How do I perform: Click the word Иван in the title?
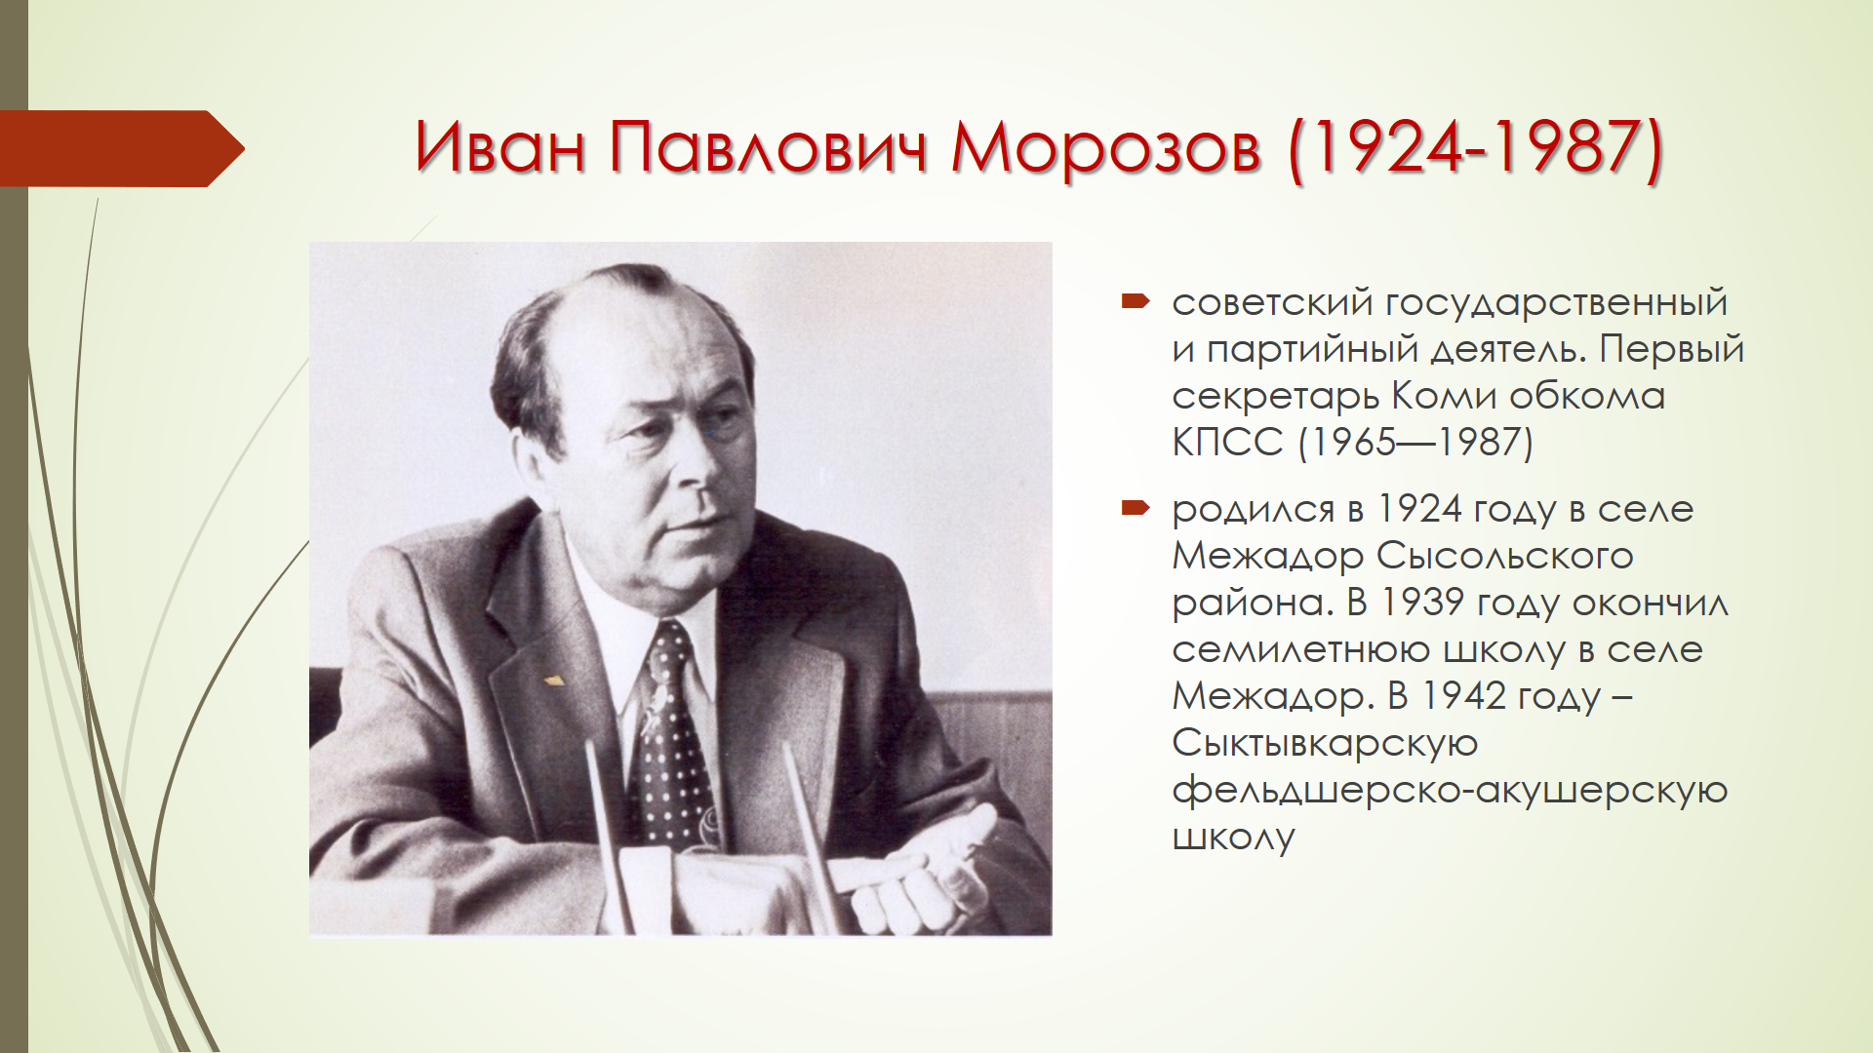(500, 148)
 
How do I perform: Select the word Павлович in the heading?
(768, 148)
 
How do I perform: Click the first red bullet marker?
(1136, 302)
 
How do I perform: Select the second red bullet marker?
(1136, 507)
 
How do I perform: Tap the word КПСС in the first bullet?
(1227, 443)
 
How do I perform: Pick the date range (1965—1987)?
(1415, 443)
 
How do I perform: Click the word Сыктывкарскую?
(1325, 744)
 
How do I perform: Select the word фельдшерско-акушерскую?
(1450, 791)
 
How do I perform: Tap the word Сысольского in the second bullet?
(1504, 556)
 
